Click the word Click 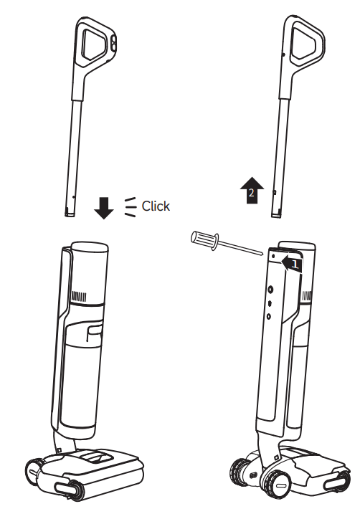pos(156,206)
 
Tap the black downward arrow pos(104,208)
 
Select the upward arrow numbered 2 pos(252,190)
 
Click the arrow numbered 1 pos(292,264)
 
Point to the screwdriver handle pos(204,239)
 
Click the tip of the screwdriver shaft pos(262,254)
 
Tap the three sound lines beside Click pos(130,207)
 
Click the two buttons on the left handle pos(113,43)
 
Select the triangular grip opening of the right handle pos(303,44)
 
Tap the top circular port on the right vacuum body pos(270,290)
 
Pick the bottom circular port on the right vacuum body pos(269,316)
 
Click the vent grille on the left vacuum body pos(79,296)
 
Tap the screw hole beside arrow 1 pos(273,256)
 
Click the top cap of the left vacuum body pos(90,247)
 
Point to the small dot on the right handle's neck pos(283,54)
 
